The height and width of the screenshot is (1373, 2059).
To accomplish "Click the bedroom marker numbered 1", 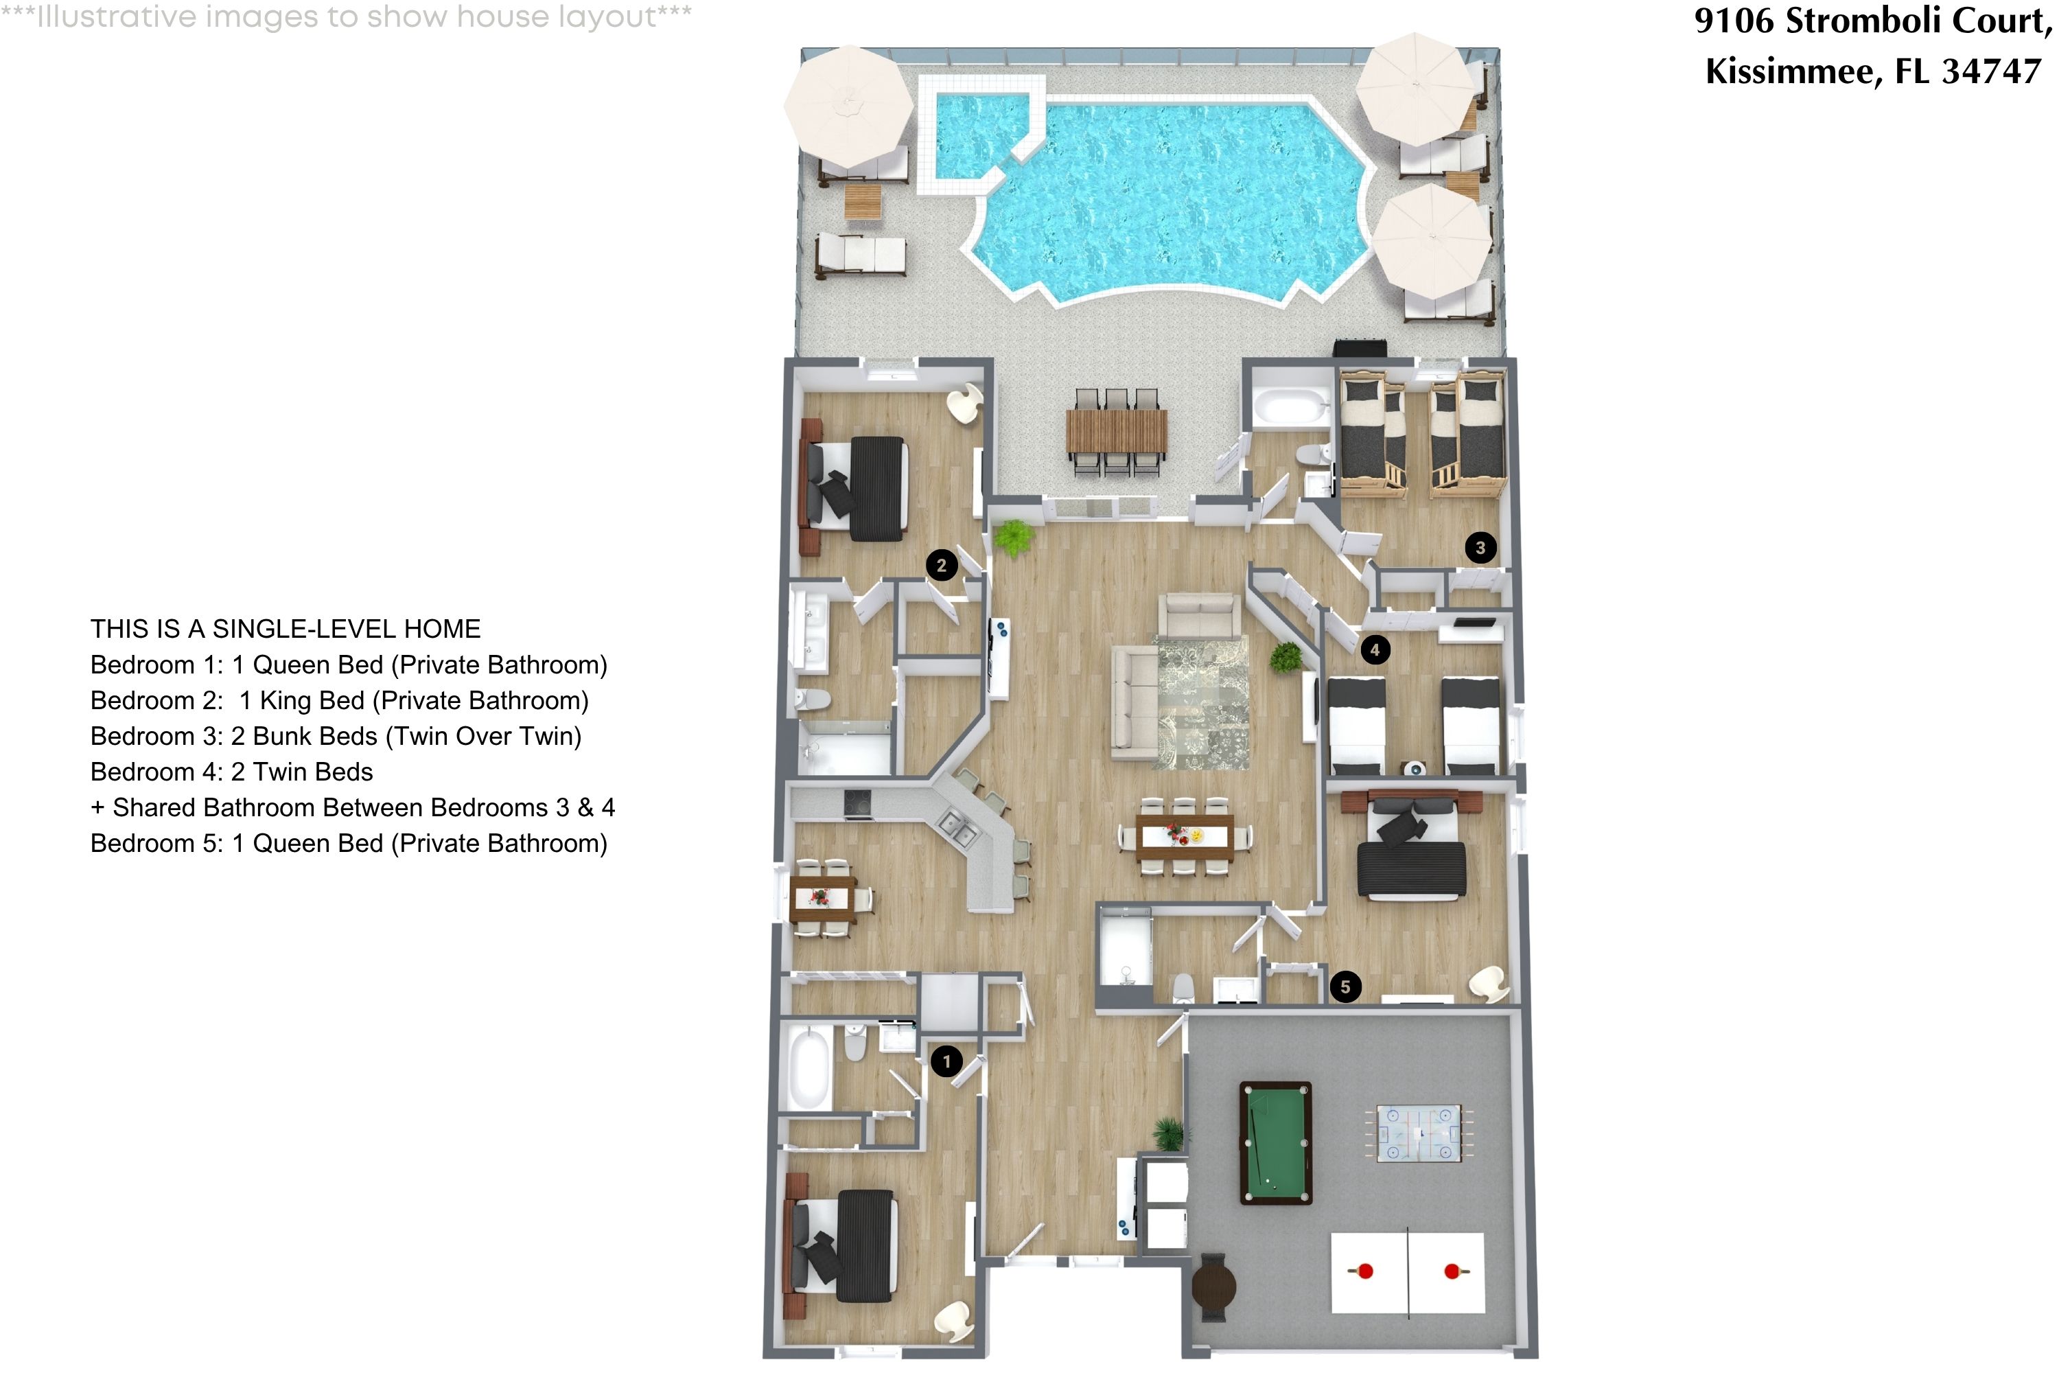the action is click(946, 1062).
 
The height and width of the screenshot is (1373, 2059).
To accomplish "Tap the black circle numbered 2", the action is click(941, 566).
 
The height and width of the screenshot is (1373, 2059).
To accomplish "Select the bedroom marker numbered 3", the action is click(1480, 548).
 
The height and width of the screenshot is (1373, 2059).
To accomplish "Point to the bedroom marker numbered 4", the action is click(1375, 649).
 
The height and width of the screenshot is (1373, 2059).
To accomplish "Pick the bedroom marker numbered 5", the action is click(1345, 987).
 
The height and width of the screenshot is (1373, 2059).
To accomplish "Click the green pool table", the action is click(1275, 1143).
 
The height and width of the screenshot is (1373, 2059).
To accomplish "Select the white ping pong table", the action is click(1408, 1272).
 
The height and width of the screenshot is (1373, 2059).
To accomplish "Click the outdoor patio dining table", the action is click(1116, 431).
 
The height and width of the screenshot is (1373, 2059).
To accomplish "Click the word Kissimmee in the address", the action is click(1789, 71).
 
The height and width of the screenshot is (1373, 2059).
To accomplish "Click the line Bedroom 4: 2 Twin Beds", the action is click(231, 772).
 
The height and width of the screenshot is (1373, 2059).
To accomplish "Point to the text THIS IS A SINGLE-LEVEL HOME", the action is click(286, 629).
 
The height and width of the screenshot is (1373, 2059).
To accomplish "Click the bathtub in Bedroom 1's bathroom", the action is click(810, 1068).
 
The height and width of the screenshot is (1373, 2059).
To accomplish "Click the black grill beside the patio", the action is click(1360, 347).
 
